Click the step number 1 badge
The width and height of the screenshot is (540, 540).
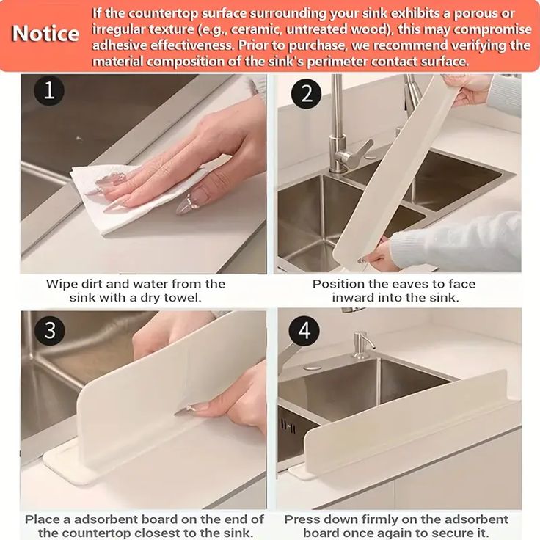point(49,91)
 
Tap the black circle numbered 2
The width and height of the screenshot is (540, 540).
point(306,94)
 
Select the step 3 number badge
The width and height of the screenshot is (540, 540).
point(49,329)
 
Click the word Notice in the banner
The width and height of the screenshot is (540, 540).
point(45,34)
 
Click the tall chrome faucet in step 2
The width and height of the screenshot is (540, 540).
point(337,125)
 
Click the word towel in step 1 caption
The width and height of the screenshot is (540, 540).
point(183,298)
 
